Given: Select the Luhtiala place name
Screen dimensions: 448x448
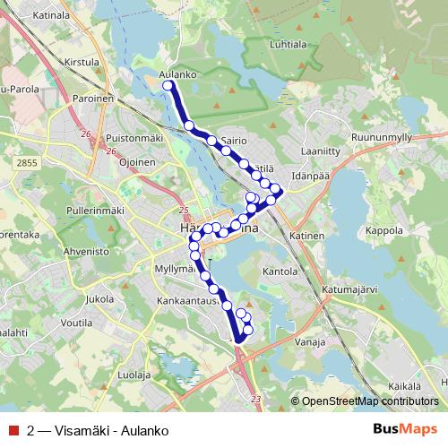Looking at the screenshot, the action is [x=287, y=43].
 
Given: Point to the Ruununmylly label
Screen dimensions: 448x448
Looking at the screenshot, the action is [x=381, y=137].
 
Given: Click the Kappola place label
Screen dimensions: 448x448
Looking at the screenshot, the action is [x=384, y=229].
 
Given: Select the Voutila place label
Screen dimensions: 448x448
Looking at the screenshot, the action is [x=78, y=321].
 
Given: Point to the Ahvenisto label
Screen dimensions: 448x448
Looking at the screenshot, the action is [x=85, y=253].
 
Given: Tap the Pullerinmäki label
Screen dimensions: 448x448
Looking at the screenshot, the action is [x=94, y=210].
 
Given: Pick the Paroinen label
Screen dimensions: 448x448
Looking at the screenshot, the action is [x=92, y=99].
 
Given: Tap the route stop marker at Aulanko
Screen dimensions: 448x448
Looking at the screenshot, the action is [x=168, y=85].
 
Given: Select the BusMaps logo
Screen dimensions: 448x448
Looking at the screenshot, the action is [x=406, y=428].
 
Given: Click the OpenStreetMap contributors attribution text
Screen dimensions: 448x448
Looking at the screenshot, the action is [x=370, y=401].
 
